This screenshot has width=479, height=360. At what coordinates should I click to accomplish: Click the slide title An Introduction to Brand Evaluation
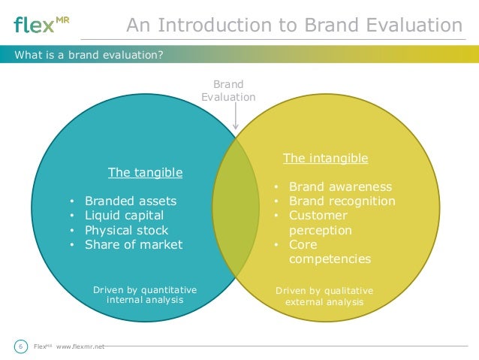pyautogui.click(x=294, y=26)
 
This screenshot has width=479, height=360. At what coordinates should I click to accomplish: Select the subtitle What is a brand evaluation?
pyautogui.click(x=89, y=54)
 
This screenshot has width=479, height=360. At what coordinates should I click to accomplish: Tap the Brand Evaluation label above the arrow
pyautogui.click(x=228, y=91)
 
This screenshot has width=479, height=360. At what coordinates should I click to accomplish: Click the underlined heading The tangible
pyautogui.click(x=145, y=173)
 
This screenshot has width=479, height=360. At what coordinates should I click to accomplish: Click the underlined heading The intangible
pyautogui.click(x=325, y=159)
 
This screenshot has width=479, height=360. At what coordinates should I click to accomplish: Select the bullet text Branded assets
pyautogui.click(x=131, y=201)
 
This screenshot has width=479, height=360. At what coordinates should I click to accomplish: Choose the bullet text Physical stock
pyautogui.click(x=126, y=230)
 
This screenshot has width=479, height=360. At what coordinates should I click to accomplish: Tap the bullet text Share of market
pyautogui.click(x=134, y=244)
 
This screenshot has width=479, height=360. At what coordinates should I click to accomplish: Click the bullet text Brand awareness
pyautogui.click(x=340, y=187)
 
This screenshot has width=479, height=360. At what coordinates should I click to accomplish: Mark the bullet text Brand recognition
pyautogui.click(x=342, y=201)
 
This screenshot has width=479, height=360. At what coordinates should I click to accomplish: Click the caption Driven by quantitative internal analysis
pyautogui.click(x=145, y=295)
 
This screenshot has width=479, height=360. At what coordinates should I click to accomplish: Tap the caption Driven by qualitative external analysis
pyautogui.click(x=324, y=296)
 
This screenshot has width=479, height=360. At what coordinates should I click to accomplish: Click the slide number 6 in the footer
pyautogui.click(x=20, y=346)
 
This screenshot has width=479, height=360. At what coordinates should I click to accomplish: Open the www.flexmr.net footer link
pyautogui.click(x=80, y=346)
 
